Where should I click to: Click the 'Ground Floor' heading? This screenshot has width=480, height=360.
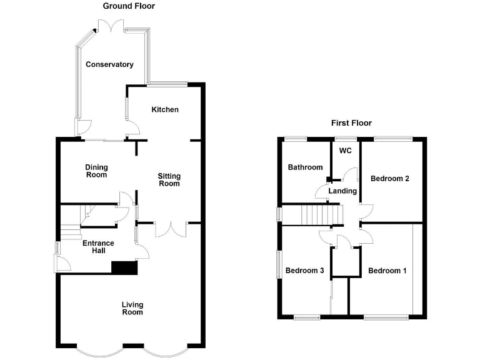pos(129,6)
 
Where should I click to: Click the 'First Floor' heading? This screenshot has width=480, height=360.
pos(351,123)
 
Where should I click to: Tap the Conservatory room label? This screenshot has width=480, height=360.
pos(109,64)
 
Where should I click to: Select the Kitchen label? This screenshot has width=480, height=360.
pos(165,109)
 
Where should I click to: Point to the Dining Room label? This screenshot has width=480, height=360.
pos(97,171)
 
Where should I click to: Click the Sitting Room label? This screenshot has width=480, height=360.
pos(169,179)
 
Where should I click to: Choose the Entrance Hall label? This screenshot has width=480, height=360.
pos(99,247)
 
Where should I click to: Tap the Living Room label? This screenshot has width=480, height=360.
pos(132,308)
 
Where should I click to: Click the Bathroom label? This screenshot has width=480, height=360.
pos(305,167)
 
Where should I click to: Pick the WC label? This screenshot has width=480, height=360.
pos(346,151)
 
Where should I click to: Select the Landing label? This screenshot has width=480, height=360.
pos(342,191)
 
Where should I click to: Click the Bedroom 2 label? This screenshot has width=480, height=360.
pos(390,179)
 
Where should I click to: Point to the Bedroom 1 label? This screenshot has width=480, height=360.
pos(387,271)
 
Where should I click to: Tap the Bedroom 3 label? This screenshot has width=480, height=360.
pos(304,271)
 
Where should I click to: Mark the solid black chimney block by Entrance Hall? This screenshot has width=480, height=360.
pos(124,267)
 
